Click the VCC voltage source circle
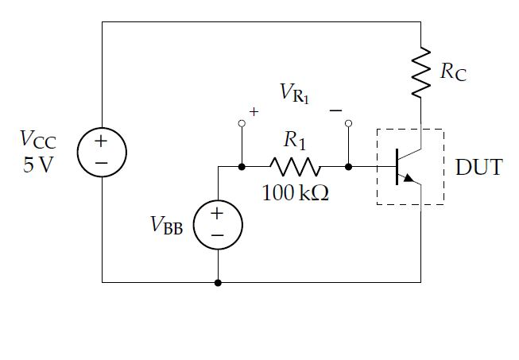click(x=102, y=151)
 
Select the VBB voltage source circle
click(x=217, y=223)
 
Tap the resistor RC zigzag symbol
click(x=420, y=72)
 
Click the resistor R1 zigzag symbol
click(x=295, y=167)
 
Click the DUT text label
click(x=478, y=168)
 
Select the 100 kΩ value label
click(x=295, y=193)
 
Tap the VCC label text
click(x=37, y=141)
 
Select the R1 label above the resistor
click(x=295, y=141)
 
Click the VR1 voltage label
click(x=295, y=93)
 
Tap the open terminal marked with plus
click(x=242, y=123)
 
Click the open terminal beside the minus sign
click(x=348, y=123)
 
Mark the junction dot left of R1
click(x=242, y=167)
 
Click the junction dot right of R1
click(x=348, y=167)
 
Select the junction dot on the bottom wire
click(x=217, y=282)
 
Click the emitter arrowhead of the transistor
click(x=410, y=179)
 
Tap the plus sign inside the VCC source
click(x=102, y=141)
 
